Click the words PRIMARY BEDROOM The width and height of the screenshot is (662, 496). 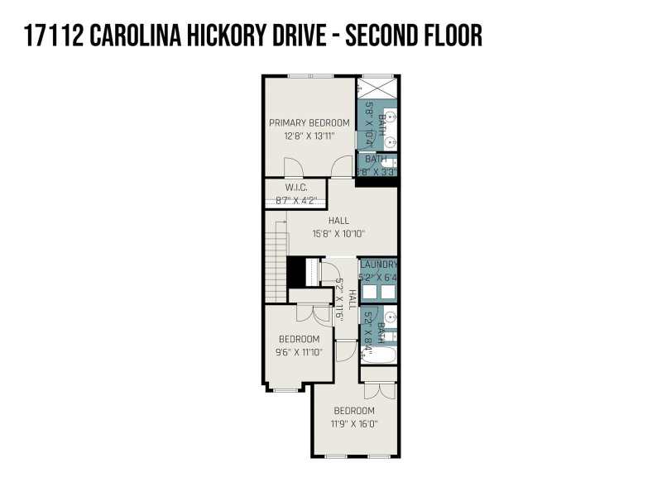(x=309, y=123)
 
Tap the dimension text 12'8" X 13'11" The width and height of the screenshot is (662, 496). (x=309, y=136)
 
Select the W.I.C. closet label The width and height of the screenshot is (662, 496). (x=295, y=188)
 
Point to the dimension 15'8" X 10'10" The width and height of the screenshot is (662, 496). (x=338, y=233)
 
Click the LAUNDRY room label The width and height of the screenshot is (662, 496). (x=378, y=265)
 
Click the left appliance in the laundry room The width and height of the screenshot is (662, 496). (x=368, y=291)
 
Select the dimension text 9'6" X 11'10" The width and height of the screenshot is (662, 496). (x=299, y=351)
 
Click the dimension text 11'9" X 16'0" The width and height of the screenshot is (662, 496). (x=354, y=423)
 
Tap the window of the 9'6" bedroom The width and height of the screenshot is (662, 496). (x=287, y=389)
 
